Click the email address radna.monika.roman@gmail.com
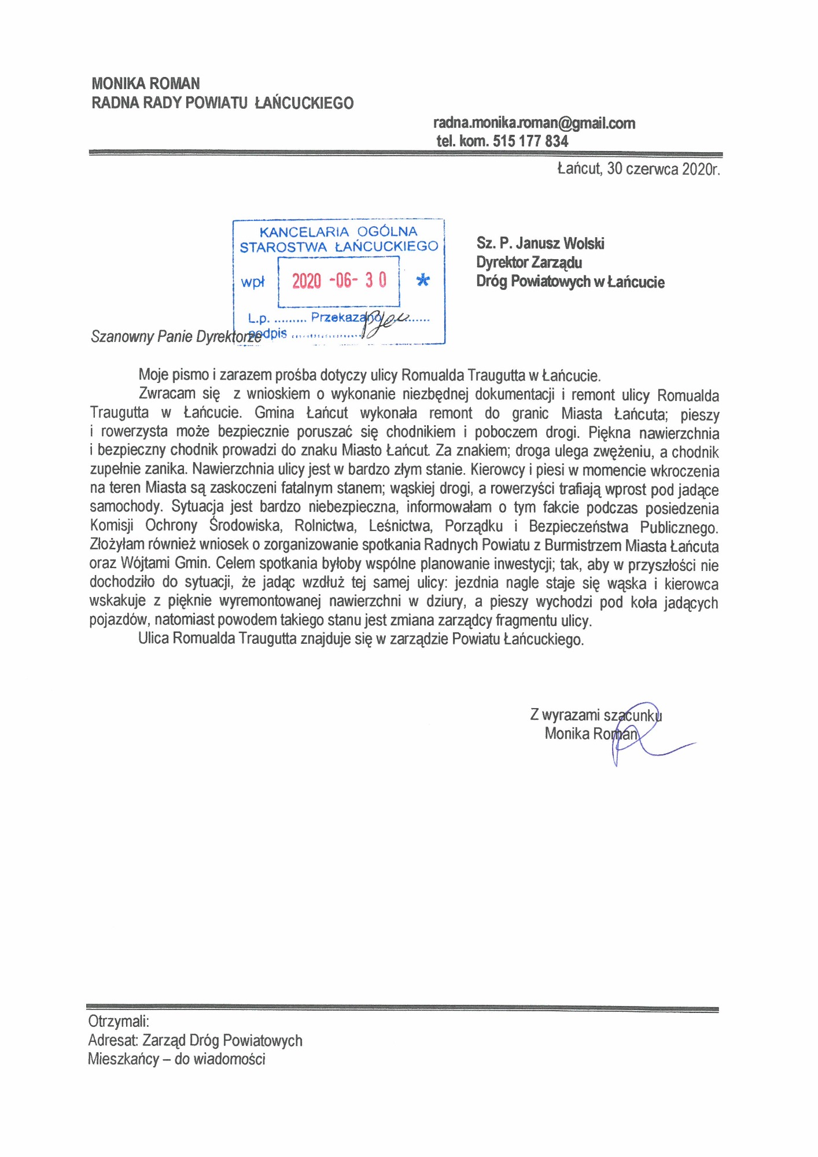[x=534, y=123]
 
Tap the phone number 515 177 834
[x=530, y=141]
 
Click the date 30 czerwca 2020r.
[x=663, y=169]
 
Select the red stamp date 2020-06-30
[x=339, y=281]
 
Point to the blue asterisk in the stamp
[x=423, y=281]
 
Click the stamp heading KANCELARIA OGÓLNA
[x=338, y=232]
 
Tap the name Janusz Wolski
[x=560, y=244]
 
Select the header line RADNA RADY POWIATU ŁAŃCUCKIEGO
[x=222, y=103]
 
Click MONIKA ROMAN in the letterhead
[x=146, y=83]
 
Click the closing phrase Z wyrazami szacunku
[x=595, y=715]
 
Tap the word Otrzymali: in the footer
[x=119, y=1020]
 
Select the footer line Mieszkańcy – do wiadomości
[x=176, y=1059]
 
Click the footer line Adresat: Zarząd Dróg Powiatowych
[x=195, y=1041]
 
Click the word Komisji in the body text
[x=112, y=526]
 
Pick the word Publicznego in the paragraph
[x=679, y=528]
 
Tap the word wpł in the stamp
[x=252, y=282]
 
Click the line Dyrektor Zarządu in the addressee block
[x=529, y=263]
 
